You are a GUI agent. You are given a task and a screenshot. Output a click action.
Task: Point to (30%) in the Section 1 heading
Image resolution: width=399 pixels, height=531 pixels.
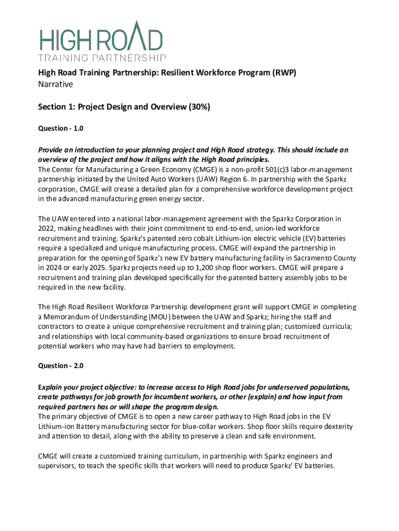tap(196, 107)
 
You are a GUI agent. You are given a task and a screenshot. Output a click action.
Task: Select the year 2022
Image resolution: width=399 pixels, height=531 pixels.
tap(48, 229)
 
